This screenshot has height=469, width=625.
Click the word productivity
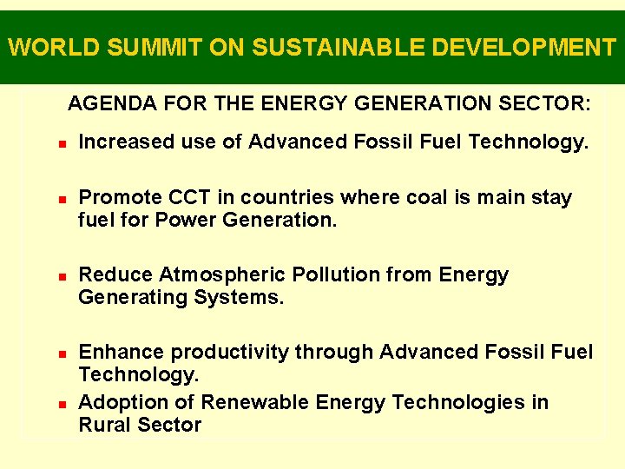point(230,352)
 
